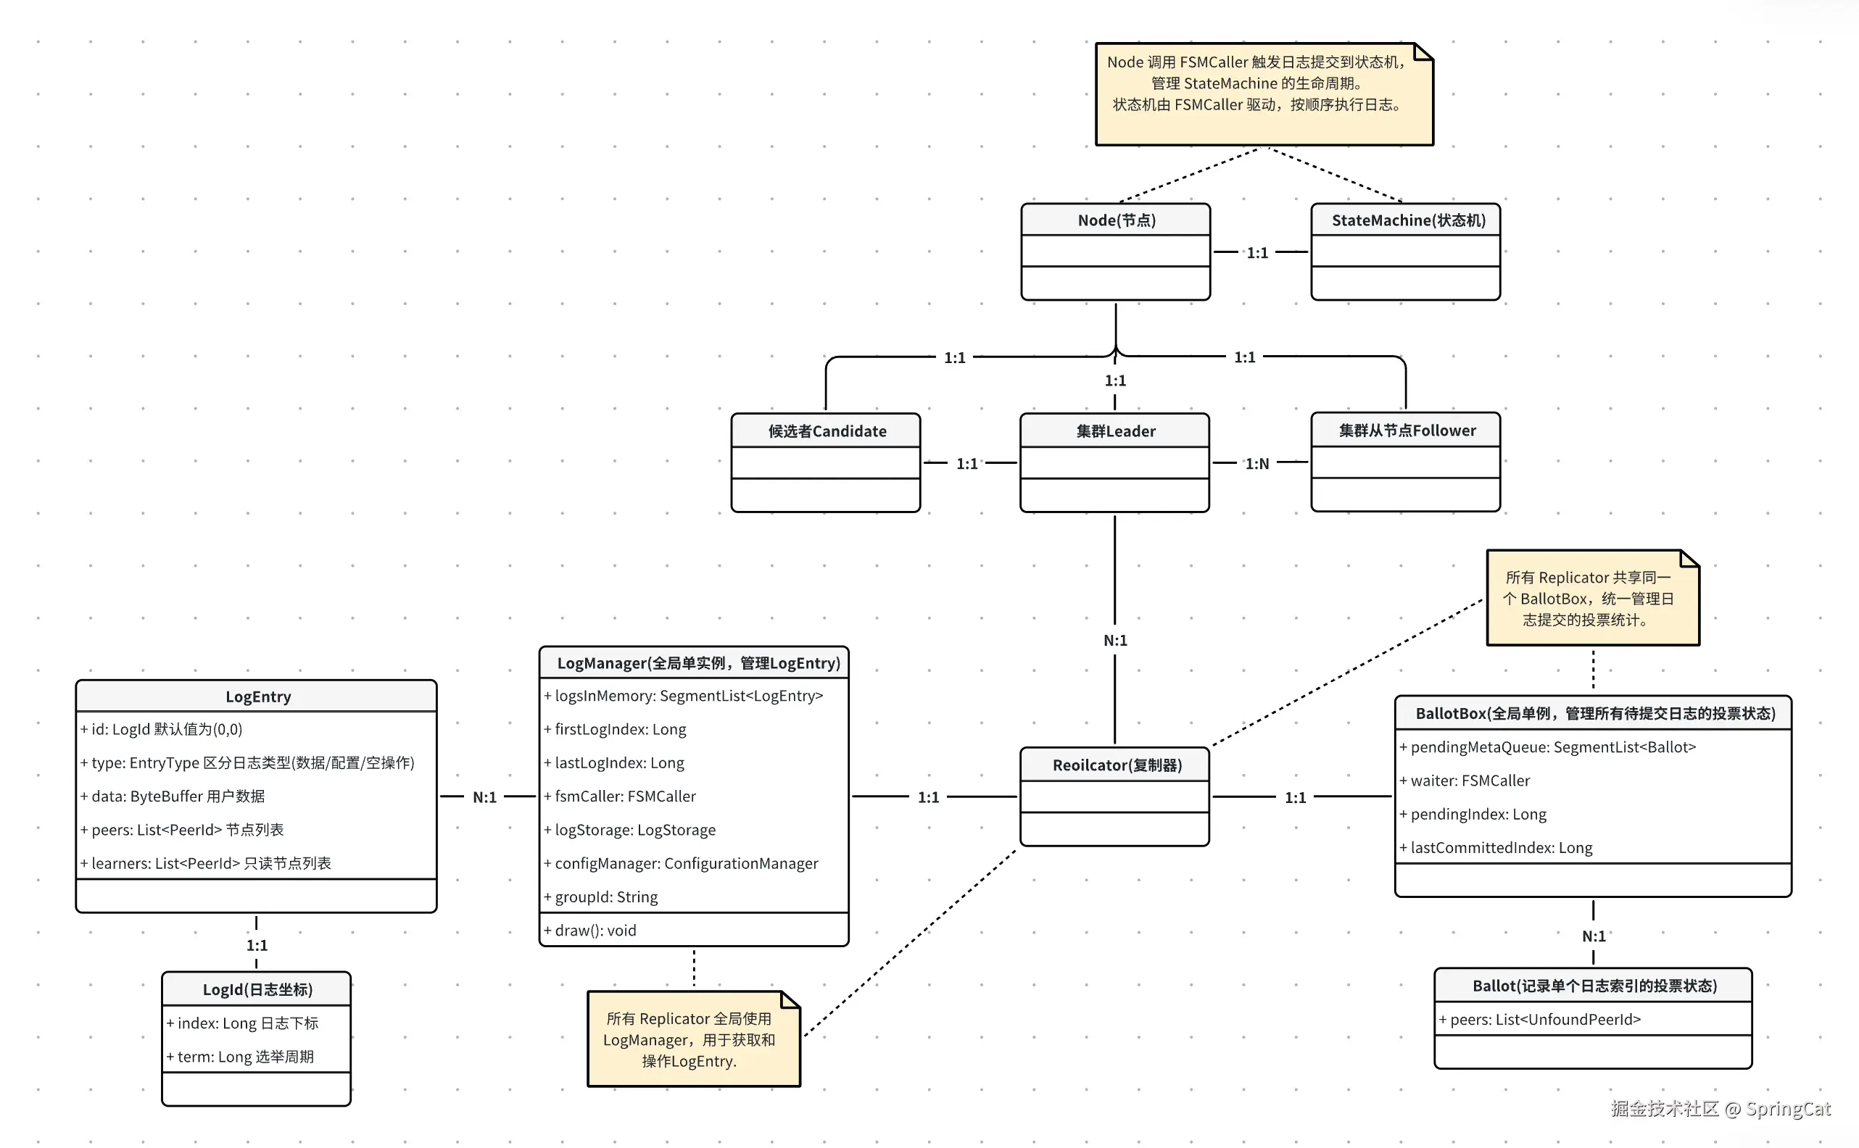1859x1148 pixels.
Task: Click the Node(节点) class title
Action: tap(1116, 220)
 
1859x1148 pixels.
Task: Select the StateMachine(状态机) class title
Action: tap(1408, 220)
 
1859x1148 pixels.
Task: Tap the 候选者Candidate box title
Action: tap(827, 431)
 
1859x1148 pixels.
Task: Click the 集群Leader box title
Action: tap(1115, 431)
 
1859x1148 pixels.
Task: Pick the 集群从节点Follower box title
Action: tap(1407, 430)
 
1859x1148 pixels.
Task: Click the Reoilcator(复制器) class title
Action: tap(1117, 765)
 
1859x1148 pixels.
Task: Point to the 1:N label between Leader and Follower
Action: tap(1256, 463)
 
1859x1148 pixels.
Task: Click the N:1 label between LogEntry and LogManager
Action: tap(484, 797)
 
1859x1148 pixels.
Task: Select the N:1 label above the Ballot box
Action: tap(1593, 936)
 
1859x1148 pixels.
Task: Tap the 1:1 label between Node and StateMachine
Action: tap(1256, 253)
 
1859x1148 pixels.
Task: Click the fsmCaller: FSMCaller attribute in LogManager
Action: tap(625, 796)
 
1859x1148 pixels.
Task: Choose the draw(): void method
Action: tap(595, 930)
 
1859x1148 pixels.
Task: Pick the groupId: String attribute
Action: tap(606, 897)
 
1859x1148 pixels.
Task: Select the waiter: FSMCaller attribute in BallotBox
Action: tap(1470, 781)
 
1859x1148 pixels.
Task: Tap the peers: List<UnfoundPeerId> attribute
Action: tap(1544, 1020)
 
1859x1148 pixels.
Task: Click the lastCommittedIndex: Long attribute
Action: tap(1501, 847)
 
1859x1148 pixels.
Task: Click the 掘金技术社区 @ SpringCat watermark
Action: tap(1720, 1109)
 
